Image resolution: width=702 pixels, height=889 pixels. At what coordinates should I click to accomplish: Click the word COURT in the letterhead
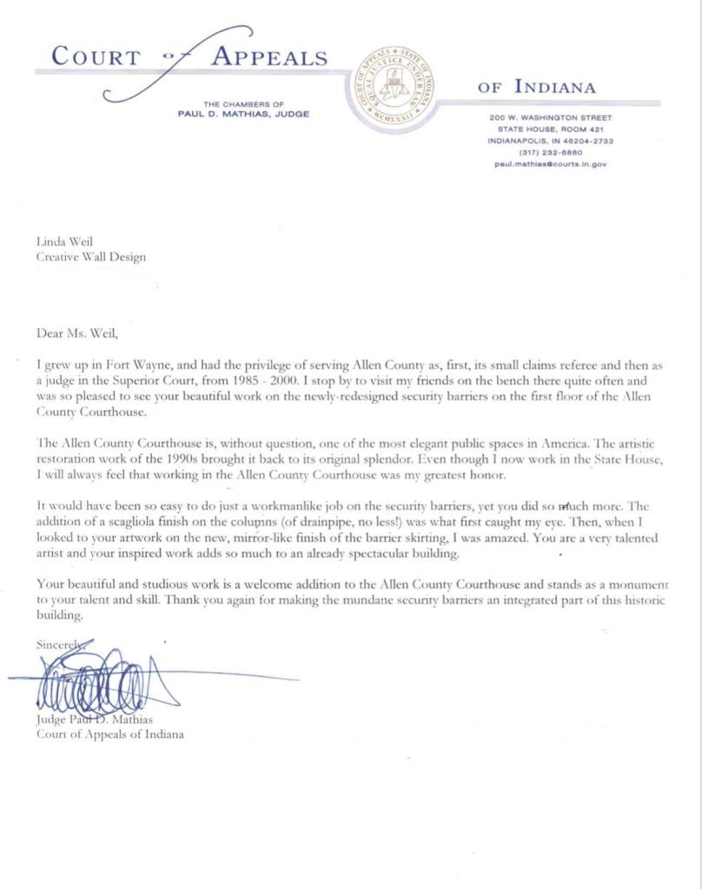pos(96,58)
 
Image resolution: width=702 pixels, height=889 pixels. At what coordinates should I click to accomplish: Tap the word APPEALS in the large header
pos(270,58)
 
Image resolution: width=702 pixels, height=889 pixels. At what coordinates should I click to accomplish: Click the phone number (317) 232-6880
pos(550,151)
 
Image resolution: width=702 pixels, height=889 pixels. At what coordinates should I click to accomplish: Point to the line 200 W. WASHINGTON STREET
pos(550,117)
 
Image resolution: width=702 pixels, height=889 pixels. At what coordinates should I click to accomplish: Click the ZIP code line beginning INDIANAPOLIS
pos(550,140)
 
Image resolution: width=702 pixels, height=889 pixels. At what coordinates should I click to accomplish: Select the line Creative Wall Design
pos(91,257)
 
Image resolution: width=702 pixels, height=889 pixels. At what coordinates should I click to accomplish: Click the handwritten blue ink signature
pos(104,682)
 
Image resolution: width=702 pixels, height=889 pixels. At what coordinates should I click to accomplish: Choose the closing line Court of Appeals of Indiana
pos(109,734)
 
